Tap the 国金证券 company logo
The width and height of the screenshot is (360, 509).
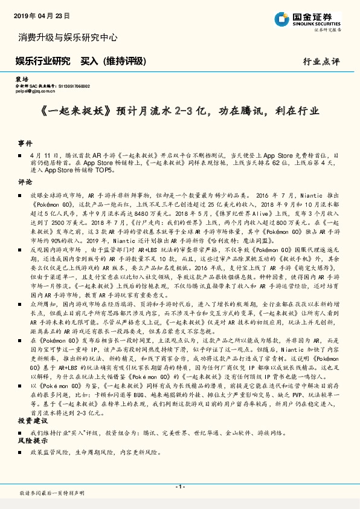(314, 18)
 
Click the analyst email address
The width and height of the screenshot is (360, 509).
(36, 91)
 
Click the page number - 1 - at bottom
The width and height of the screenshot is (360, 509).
(179, 487)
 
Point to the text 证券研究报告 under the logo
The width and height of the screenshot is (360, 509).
(327, 29)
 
